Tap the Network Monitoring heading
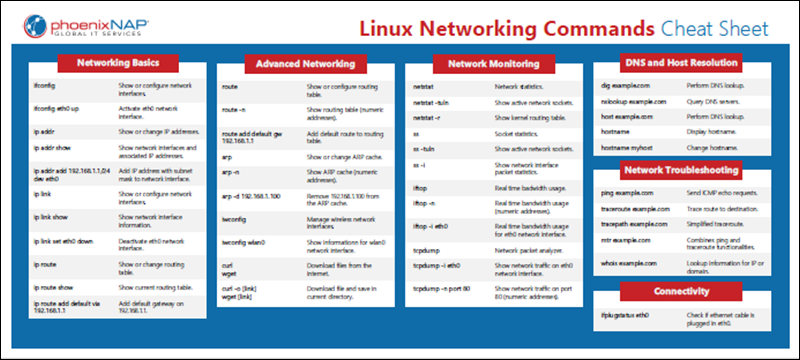490,62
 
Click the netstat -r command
427,117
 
